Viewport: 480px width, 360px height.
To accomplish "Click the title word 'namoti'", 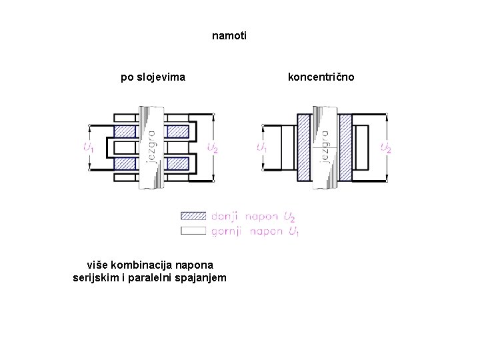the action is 229,35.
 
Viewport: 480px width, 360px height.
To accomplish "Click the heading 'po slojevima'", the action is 153,77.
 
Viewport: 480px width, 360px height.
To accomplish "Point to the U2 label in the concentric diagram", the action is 385,147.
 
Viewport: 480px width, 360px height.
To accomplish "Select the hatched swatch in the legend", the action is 193,217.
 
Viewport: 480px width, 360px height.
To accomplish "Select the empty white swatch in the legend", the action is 193,231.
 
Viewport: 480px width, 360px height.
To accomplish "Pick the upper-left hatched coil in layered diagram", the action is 125,131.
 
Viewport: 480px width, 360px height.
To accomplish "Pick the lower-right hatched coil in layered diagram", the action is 177,163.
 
